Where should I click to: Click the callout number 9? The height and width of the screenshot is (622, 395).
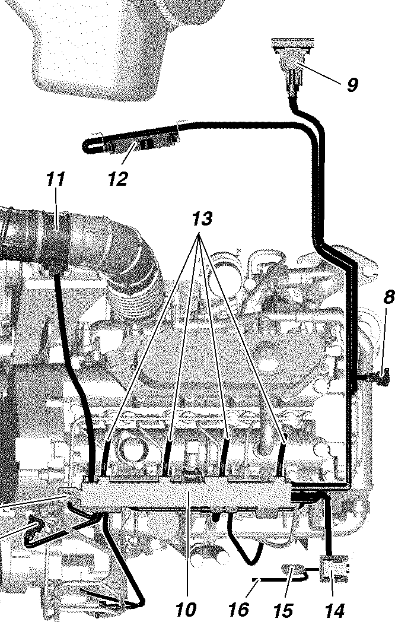click(x=352, y=85)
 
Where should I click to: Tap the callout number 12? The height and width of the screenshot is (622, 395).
click(x=117, y=179)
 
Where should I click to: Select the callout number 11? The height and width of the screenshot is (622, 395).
click(x=55, y=179)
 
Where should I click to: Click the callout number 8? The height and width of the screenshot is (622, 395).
click(x=388, y=297)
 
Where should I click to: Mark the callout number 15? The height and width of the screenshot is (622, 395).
click(x=285, y=610)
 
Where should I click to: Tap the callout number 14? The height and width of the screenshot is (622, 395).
click(x=335, y=610)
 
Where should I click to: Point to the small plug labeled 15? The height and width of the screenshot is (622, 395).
click(x=294, y=571)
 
